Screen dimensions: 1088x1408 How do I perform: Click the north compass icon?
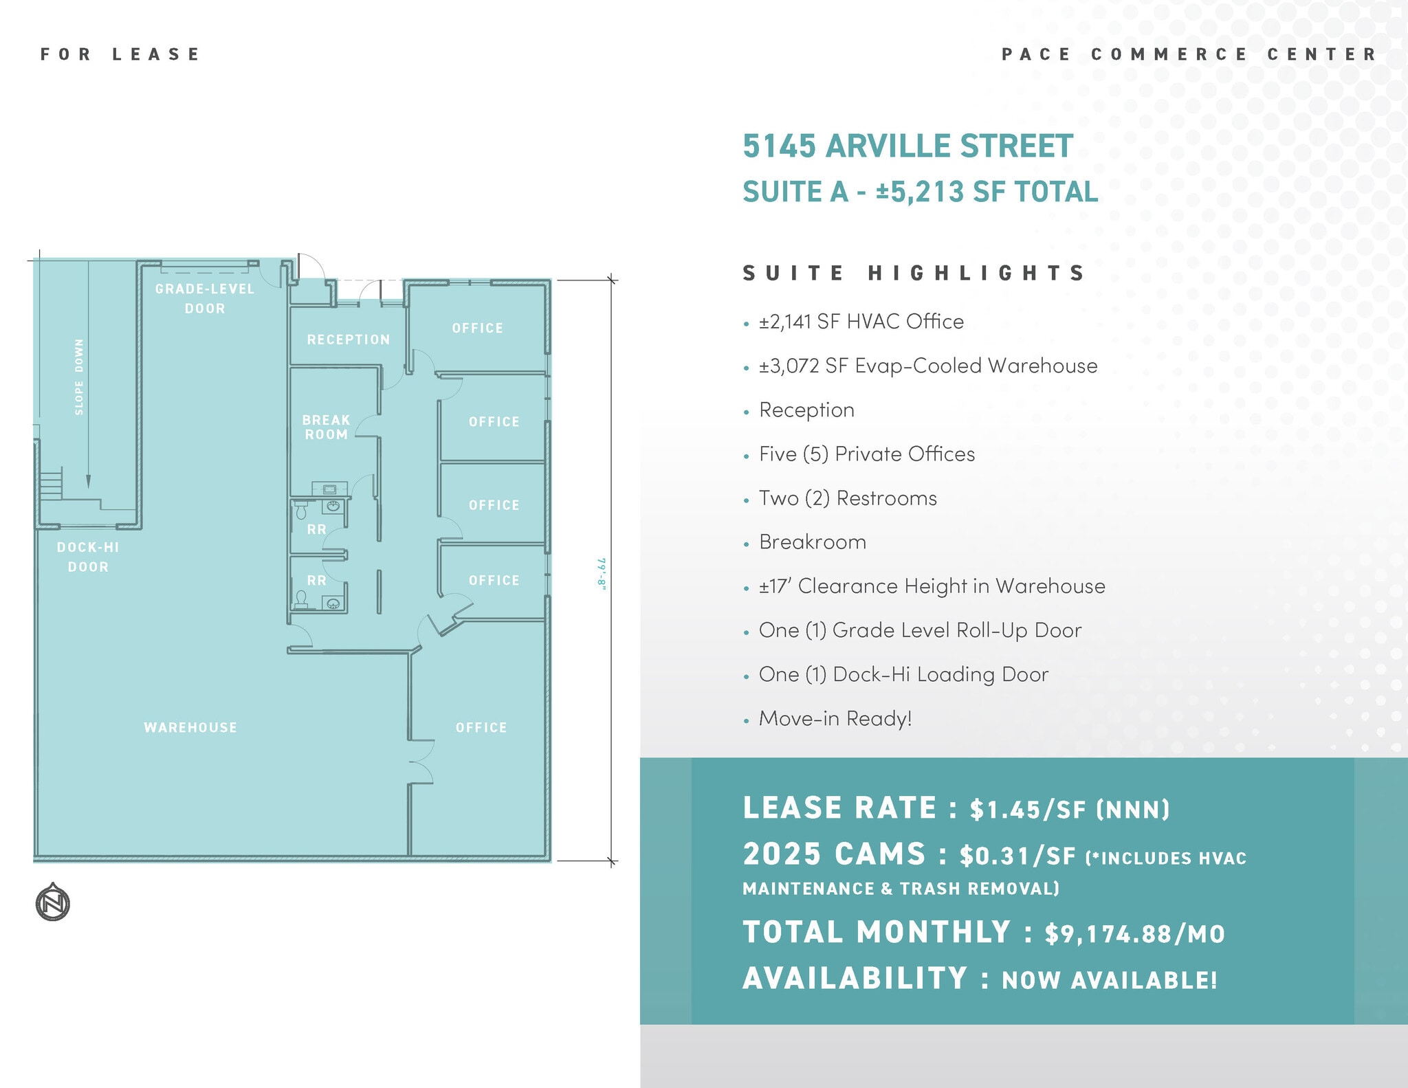[53, 902]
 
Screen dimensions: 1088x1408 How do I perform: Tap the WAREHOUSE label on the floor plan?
[190, 727]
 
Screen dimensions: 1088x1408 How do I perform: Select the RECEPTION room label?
[349, 340]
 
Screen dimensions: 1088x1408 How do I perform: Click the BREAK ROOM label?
[327, 427]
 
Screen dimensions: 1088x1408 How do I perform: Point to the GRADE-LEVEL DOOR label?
[205, 298]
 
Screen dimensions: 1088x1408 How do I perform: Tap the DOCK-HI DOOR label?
[88, 557]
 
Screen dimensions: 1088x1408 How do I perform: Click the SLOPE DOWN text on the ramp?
[79, 377]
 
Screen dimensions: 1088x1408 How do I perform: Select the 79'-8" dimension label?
[602, 573]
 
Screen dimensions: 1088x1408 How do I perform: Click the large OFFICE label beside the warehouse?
[481, 727]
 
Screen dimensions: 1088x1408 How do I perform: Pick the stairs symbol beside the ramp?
[50, 483]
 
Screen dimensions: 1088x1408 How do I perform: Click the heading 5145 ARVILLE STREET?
[907, 146]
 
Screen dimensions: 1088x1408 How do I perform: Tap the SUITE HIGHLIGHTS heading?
[914, 273]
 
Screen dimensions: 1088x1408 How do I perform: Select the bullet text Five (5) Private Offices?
[866, 454]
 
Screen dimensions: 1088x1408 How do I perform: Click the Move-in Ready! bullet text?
[835, 719]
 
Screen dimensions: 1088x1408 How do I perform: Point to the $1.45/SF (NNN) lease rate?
[1069, 810]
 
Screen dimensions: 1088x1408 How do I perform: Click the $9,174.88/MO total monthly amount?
[1134, 934]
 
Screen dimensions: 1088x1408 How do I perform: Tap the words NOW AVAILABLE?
[1109, 980]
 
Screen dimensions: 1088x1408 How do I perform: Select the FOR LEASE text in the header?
[120, 54]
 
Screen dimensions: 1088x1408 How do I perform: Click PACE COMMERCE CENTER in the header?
[1189, 54]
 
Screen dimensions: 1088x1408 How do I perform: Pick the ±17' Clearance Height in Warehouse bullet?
[932, 586]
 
